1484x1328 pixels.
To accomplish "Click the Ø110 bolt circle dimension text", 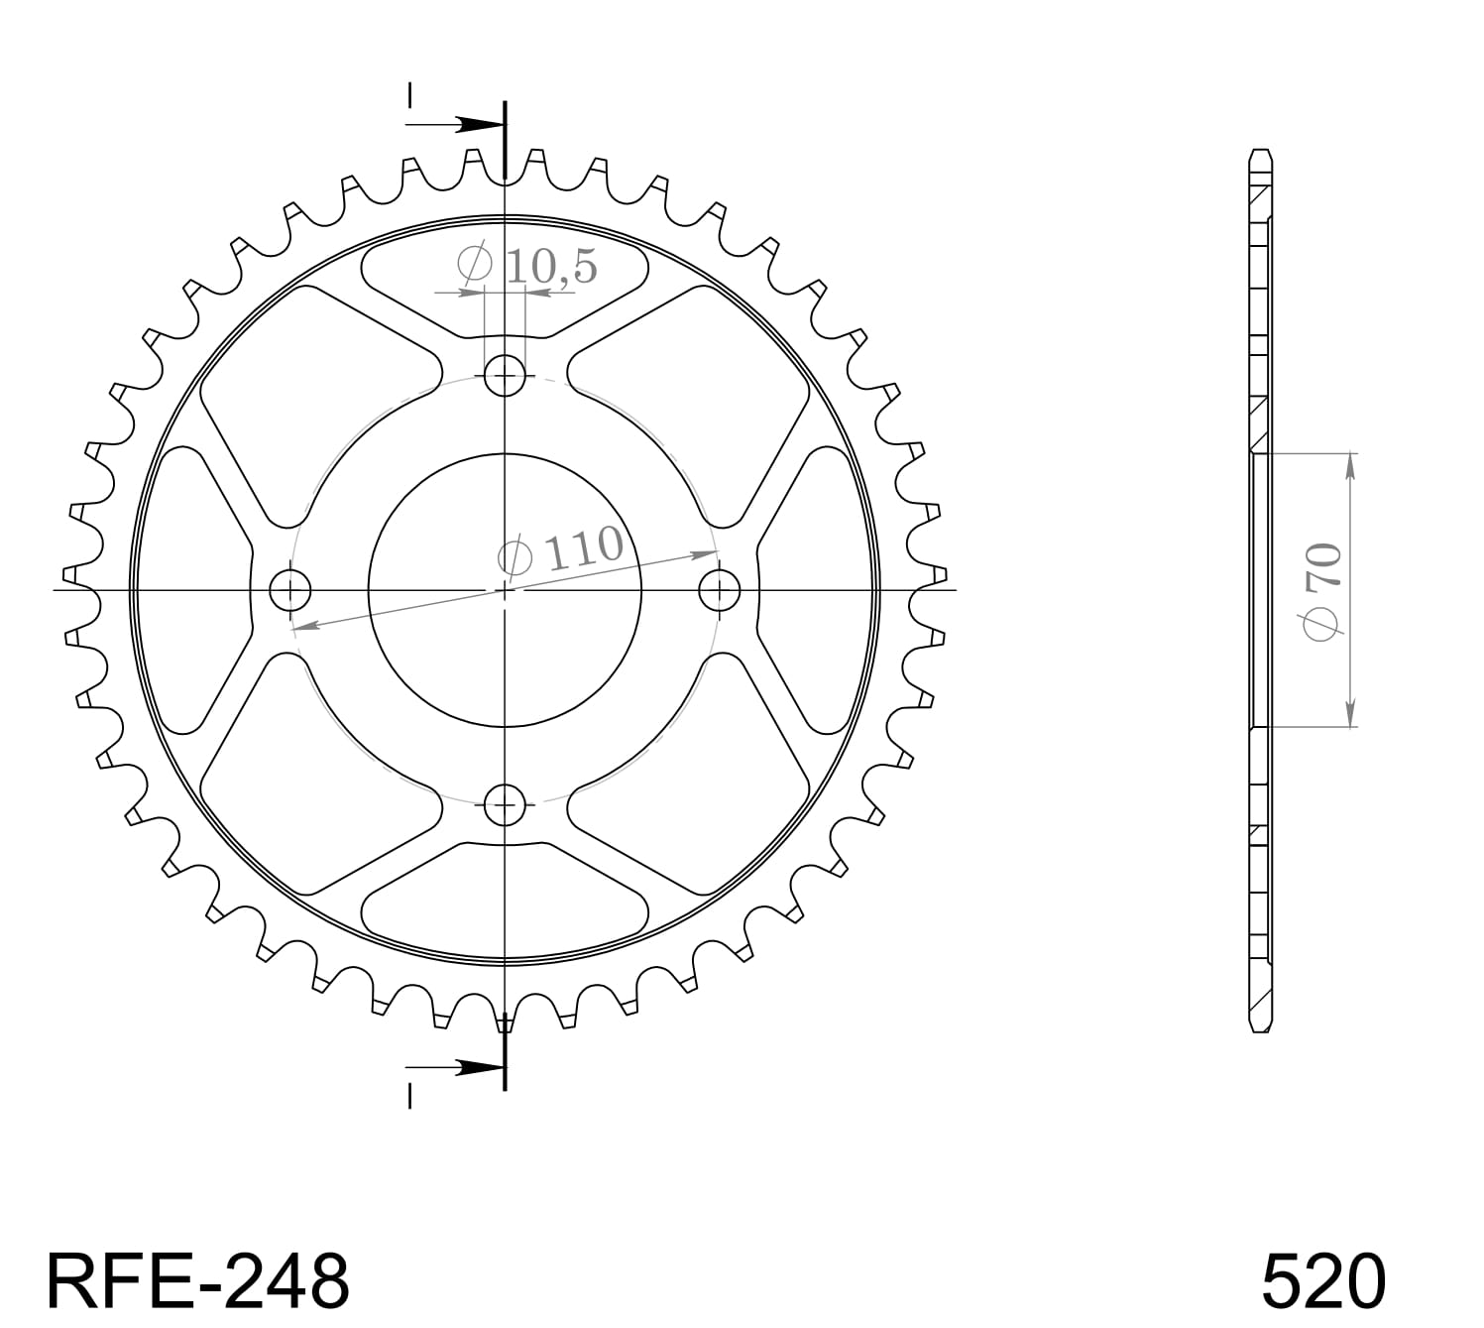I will pos(562,552).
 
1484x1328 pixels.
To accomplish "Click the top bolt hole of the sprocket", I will pos(505,375).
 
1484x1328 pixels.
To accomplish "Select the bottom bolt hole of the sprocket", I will pos(505,803).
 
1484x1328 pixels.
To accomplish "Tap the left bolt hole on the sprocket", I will pos(290,591).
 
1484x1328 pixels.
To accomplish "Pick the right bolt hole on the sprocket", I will pos(720,591).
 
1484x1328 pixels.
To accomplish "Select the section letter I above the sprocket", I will pos(409,95).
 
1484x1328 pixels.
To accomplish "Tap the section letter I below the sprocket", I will pos(409,1095).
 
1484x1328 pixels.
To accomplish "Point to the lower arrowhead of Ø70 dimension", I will pos(1350,715).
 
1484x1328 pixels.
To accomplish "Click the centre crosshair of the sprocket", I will pos(505,591).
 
